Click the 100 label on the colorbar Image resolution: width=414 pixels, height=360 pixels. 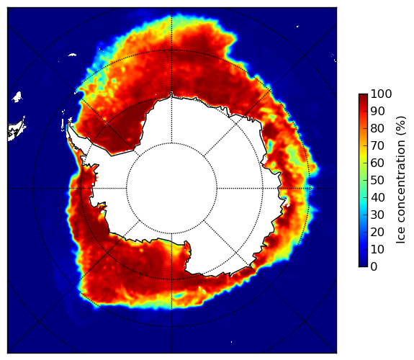tap(381, 94)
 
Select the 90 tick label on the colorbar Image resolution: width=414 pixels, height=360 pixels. tap(377, 111)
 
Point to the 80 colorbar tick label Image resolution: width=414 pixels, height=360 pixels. tap(377, 129)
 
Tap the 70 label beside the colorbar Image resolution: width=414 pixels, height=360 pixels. tap(377, 145)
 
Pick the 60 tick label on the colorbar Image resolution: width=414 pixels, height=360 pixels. tap(377, 163)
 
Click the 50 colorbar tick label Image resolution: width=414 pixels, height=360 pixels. tap(377, 181)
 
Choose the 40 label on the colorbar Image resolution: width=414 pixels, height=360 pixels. tap(377, 197)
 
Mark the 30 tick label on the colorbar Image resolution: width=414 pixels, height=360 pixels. tap(377, 215)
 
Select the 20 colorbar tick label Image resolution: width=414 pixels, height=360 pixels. tap(377, 232)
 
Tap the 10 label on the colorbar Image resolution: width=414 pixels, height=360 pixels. tap(377, 249)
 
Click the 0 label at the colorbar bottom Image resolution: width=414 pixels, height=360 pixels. tap(374, 267)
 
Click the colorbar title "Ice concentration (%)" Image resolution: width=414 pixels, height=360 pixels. tap(400, 180)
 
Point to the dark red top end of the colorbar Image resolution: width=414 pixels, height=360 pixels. tap(363, 96)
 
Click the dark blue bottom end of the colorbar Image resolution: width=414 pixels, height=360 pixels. tap(363, 265)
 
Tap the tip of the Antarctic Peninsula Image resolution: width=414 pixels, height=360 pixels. tap(69, 124)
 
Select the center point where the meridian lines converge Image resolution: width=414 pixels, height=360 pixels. tap(171, 189)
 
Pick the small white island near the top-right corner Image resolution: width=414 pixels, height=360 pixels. tap(297, 26)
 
